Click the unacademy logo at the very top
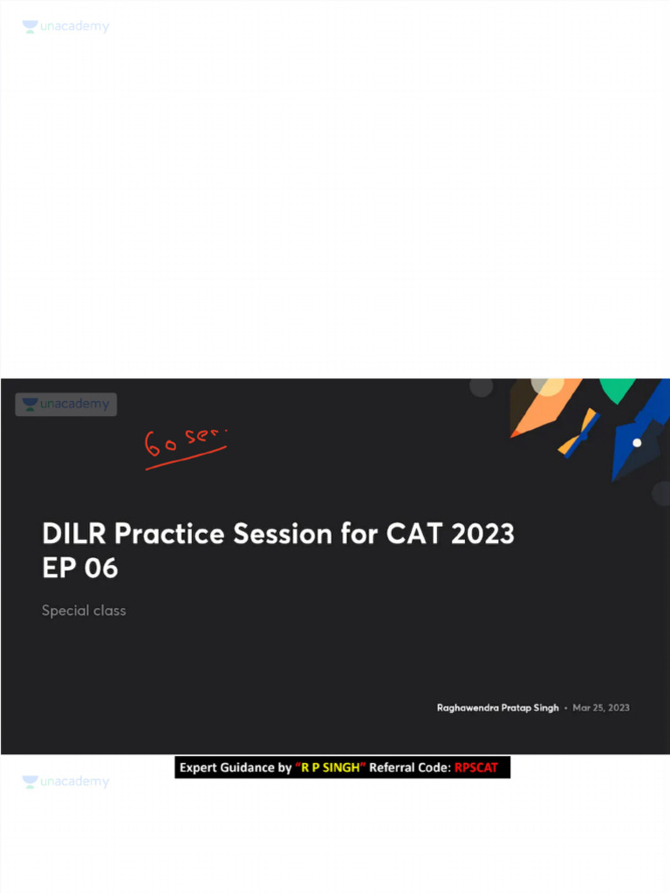[66, 27]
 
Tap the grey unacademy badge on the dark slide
[66, 405]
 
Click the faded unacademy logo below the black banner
[66, 782]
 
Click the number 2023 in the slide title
[482, 534]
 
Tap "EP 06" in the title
[79, 569]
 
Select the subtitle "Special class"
[84, 610]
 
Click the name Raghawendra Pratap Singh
[497, 707]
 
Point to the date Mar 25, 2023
[601, 707]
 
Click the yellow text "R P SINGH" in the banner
[330, 768]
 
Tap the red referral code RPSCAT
[476, 768]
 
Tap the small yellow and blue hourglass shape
[578, 433]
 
